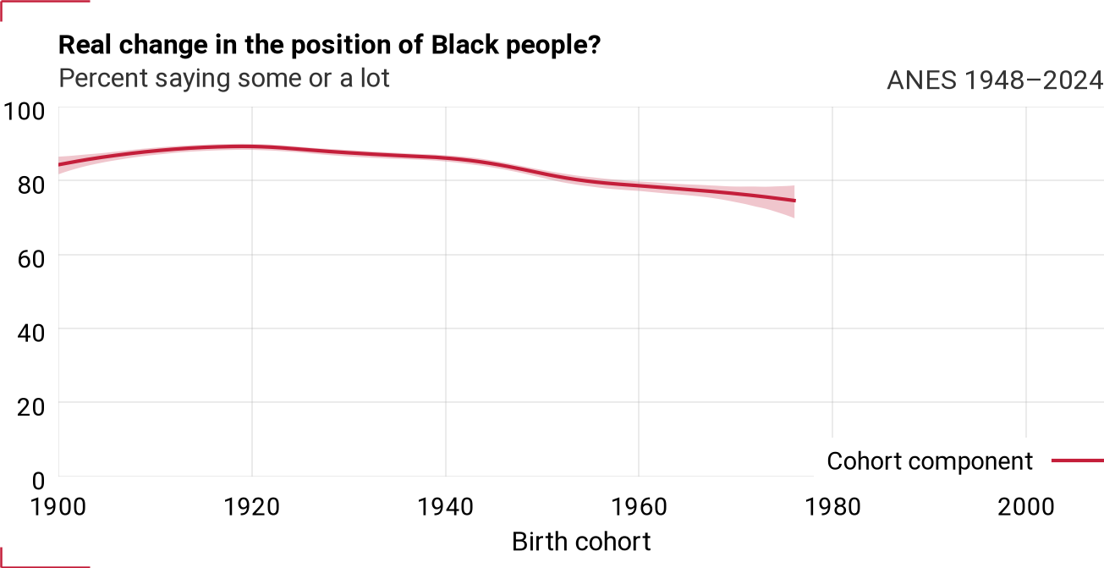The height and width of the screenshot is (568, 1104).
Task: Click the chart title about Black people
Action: click(329, 46)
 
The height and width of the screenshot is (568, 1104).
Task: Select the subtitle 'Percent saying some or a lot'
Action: click(224, 79)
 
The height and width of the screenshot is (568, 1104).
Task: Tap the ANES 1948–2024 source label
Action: click(995, 80)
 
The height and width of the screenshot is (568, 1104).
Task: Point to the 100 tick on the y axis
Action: click(25, 112)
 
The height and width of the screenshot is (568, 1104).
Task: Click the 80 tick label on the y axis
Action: click(31, 185)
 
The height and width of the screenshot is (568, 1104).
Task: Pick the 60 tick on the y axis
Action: click(31, 259)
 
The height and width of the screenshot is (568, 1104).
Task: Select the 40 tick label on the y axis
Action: click(31, 334)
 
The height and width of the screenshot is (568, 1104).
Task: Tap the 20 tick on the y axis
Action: click(31, 407)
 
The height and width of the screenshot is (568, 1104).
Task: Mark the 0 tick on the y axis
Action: click(38, 481)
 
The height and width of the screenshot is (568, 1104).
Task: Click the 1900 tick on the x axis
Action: click(58, 507)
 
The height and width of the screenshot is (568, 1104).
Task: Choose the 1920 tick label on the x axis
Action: click(252, 507)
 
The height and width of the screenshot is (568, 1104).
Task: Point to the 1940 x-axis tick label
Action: click(446, 507)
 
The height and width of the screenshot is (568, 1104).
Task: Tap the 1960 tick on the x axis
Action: click(640, 507)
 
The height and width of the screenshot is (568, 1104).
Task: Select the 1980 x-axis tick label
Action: click(833, 507)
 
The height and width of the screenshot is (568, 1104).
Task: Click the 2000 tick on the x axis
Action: click(1026, 507)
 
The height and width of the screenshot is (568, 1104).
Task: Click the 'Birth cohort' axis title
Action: click(581, 542)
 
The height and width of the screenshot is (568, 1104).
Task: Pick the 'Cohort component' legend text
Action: click(930, 461)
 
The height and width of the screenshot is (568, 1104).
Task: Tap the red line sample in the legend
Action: click(1078, 460)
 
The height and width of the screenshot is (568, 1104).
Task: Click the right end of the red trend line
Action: click(794, 201)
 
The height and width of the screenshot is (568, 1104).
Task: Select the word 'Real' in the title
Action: click(85, 46)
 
